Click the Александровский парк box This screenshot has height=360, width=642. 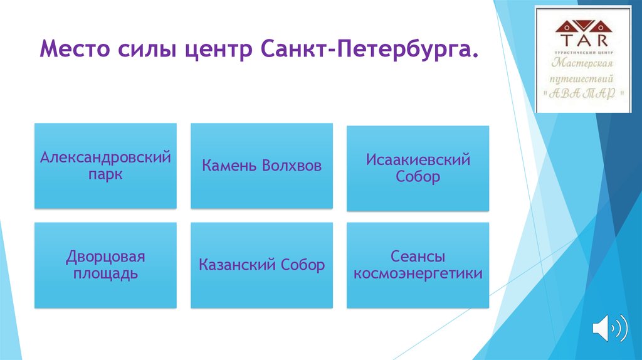point(105,166)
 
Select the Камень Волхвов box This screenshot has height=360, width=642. point(261,166)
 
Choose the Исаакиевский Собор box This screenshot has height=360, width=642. point(418,168)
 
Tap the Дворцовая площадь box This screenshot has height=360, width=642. point(105,265)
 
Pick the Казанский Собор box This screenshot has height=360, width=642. point(261,265)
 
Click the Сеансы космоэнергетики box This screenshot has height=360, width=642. point(418,265)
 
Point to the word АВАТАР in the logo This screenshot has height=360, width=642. point(582,93)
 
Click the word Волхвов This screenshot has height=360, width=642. point(292,166)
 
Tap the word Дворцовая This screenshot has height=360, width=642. point(105,257)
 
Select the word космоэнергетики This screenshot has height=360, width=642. point(418,274)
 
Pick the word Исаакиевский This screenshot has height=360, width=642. point(418,160)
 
